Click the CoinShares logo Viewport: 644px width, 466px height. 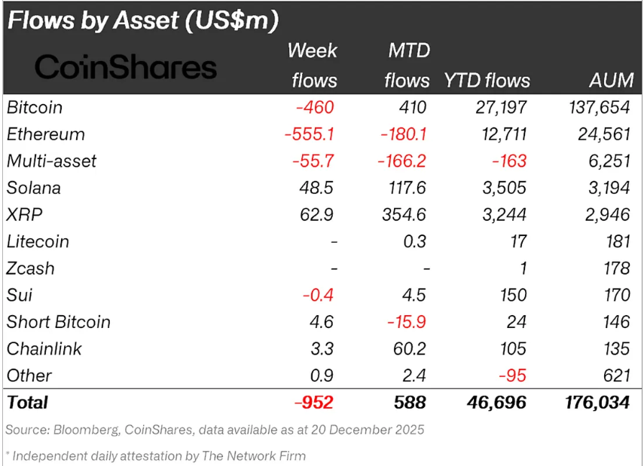tap(126, 68)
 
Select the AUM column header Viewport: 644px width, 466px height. tap(612, 81)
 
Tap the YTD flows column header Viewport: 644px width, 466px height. tap(487, 81)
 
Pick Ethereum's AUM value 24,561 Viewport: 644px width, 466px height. tap(600, 134)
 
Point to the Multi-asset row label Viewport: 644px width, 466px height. tap(51, 161)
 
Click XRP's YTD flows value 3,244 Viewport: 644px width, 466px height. tap(505, 215)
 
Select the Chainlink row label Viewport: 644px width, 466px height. tap(44, 349)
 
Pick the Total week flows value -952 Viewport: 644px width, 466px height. tap(314, 403)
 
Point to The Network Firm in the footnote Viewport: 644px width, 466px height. tap(256, 455)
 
